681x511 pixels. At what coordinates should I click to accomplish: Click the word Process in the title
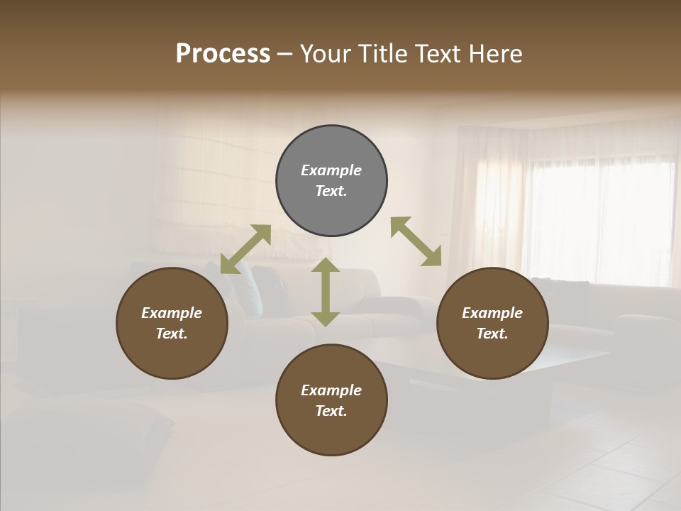[223, 54]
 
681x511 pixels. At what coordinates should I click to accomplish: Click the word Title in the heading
[380, 54]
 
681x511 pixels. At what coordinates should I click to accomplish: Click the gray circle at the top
[331, 180]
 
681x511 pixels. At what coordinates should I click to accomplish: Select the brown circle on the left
[172, 323]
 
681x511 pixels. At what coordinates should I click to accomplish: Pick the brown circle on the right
[492, 323]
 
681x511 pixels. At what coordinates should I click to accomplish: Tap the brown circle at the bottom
[331, 400]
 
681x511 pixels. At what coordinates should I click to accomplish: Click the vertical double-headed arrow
[326, 292]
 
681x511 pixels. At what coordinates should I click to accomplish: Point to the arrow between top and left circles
[245, 249]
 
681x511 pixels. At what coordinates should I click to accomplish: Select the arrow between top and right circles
[416, 241]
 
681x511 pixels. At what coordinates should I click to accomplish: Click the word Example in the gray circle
[331, 170]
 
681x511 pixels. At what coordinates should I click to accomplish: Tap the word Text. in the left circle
[172, 334]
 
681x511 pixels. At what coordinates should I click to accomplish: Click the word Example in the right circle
[492, 313]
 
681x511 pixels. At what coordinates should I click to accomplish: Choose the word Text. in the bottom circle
[331, 411]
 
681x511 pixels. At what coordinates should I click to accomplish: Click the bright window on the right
[599, 213]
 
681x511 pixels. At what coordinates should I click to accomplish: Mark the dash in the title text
[285, 54]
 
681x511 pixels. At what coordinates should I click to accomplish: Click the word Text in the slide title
[436, 54]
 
